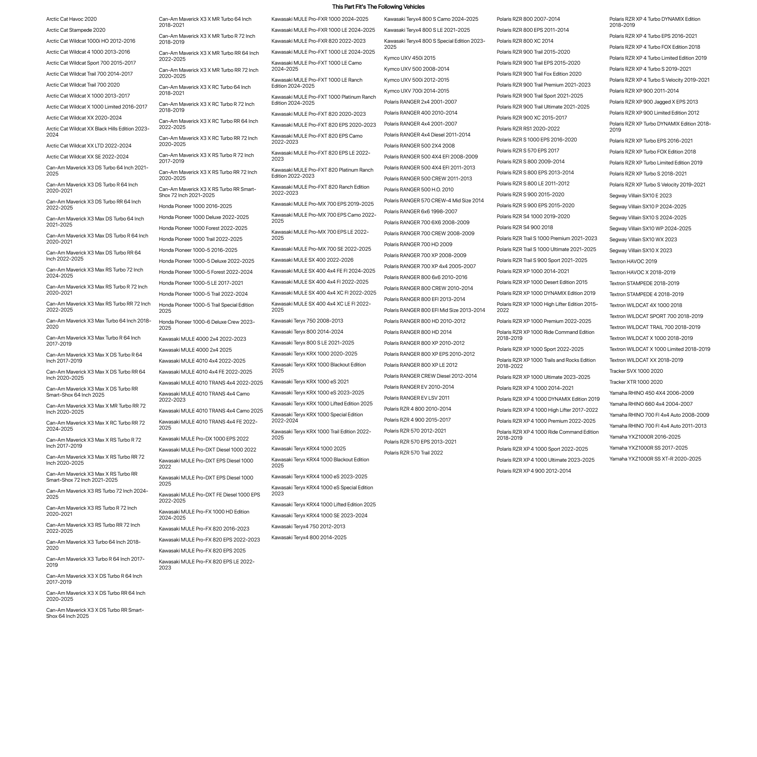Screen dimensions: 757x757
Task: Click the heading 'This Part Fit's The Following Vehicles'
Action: (x=378, y=7)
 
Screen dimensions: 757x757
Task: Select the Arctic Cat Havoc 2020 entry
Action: (x=71, y=19)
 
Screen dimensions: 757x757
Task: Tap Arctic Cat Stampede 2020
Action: (x=76, y=30)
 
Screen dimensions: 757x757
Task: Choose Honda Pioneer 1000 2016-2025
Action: (x=195, y=206)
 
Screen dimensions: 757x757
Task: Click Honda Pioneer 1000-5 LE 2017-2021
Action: (x=201, y=283)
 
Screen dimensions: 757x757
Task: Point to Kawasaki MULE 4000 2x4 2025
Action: (x=195, y=350)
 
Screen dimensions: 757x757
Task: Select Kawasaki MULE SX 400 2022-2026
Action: (x=312, y=260)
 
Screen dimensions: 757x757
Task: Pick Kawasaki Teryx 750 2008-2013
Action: (x=307, y=321)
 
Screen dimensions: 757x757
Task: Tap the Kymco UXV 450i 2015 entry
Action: (x=410, y=58)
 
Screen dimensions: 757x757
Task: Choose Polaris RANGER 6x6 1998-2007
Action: (x=420, y=212)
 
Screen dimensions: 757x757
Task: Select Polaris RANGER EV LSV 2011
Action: (x=417, y=398)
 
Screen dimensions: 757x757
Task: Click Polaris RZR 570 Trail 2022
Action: (x=413, y=453)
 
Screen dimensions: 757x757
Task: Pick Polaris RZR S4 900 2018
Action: (x=525, y=228)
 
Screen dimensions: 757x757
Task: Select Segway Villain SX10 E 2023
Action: (x=640, y=196)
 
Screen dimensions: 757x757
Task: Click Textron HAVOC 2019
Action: (x=633, y=262)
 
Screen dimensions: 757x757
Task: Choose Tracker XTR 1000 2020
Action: (x=636, y=382)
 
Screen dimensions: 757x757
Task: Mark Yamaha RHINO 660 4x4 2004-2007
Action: (x=651, y=404)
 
